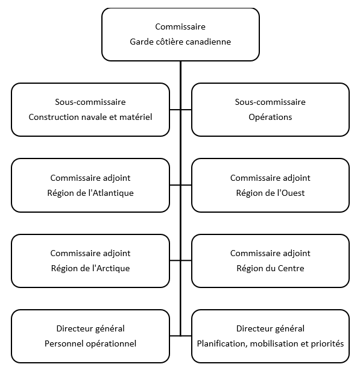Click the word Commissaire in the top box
click(180, 27)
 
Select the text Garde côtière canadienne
click(180, 42)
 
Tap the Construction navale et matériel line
click(90, 117)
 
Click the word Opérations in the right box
click(270, 117)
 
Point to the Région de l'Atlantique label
click(90, 193)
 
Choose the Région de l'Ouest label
click(270, 193)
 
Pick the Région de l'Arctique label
click(90, 268)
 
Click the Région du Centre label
click(270, 268)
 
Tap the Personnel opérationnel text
click(90, 343)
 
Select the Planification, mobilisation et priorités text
click(270, 343)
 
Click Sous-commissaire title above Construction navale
click(90, 102)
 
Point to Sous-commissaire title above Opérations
click(270, 102)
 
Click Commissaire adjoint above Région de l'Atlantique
click(90, 178)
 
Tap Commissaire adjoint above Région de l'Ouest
click(270, 178)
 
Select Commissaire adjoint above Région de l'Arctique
click(90, 253)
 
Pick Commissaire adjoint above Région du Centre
click(270, 253)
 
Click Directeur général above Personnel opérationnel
click(90, 328)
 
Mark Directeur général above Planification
click(270, 328)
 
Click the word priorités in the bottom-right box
click(326, 343)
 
